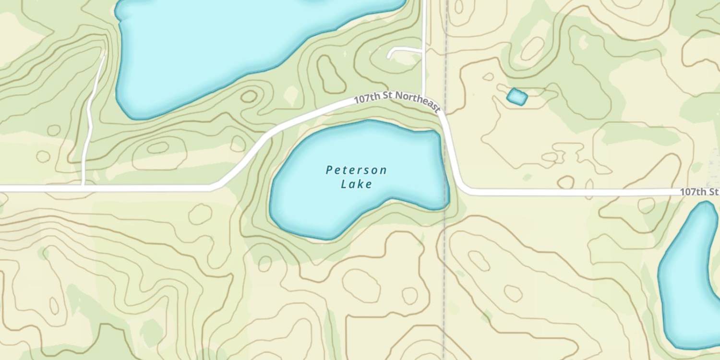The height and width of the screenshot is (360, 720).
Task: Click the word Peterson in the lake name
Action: tap(356, 170)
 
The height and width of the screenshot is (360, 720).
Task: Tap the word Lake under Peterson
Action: tap(356, 184)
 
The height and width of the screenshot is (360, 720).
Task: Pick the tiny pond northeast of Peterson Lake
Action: tap(517, 97)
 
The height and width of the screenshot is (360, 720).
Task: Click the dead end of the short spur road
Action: tap(389, 56)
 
